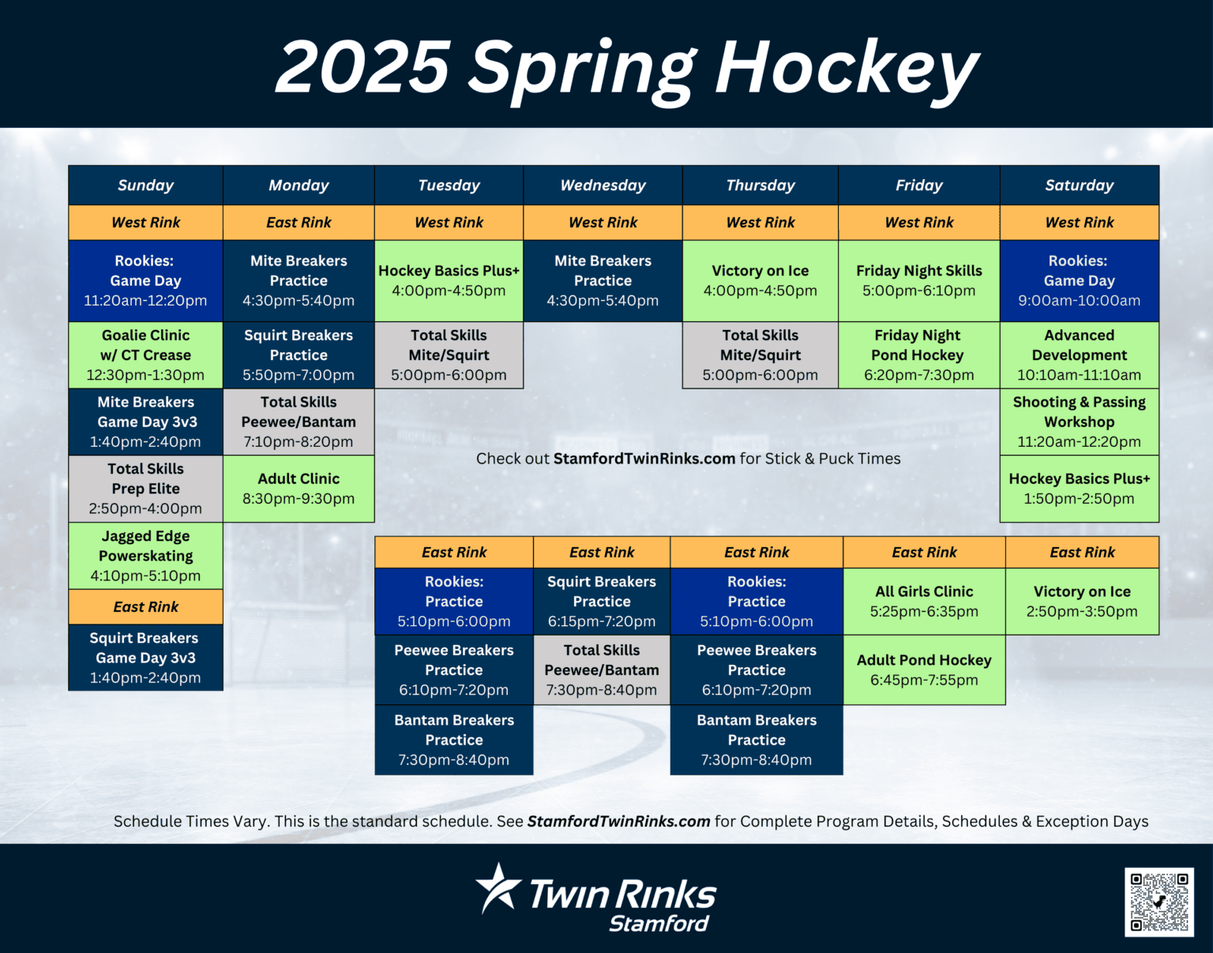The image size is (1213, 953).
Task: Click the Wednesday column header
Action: pos(603,186)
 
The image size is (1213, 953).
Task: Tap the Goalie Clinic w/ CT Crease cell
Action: pos(145,355)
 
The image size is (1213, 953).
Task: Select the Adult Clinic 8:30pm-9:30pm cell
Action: pos(299,489)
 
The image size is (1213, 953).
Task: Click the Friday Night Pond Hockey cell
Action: pos(918,355)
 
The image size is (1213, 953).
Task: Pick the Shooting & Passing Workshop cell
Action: pos(1079,422)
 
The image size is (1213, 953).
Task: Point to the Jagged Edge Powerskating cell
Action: pos(145,555)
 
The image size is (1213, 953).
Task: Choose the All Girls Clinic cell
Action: pos(924,601)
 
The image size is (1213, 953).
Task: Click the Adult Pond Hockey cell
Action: pos(924,670)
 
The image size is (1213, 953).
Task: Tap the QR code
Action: pos(1159,902)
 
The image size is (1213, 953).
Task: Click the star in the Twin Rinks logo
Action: pos(498,888)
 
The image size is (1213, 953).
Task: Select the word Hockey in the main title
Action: pos(847,69)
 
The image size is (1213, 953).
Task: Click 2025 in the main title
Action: pos(362,69)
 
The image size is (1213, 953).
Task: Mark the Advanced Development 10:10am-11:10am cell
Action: pos(1079,355)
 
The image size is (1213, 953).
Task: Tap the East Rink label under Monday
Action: pos(299,223)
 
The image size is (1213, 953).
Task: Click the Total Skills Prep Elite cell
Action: pos(145,489)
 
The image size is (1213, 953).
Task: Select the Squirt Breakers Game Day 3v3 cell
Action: pos(145,658)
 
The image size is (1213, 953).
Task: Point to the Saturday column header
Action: pos(1079,186)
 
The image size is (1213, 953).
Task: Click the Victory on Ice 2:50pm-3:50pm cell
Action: pos(1082,601)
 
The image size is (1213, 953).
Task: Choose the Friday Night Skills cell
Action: pos(918,280)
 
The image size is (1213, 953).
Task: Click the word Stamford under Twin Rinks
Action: pos(659,924)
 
